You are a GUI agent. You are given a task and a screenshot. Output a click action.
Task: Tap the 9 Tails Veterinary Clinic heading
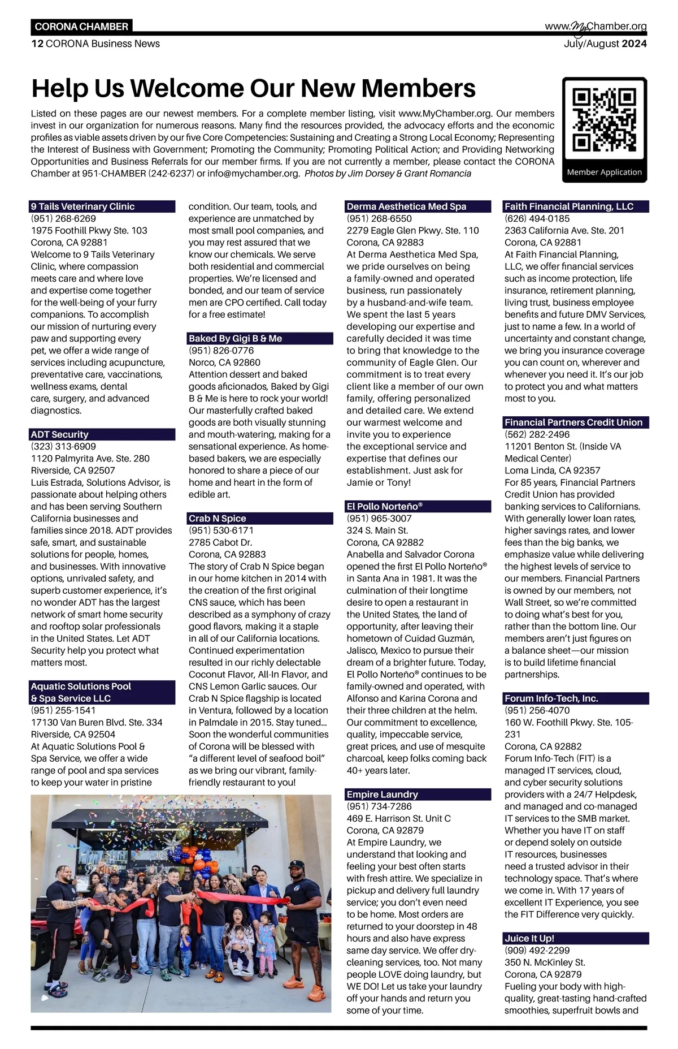(x=83, y=206)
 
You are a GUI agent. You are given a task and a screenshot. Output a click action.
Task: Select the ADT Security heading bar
(x=102, y=434)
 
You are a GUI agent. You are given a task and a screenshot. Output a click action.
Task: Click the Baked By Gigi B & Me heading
(x=236, y=338)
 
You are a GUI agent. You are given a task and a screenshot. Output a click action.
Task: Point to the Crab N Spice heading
(x=218, y=518)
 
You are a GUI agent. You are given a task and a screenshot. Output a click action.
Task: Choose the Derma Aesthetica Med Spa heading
(x=407, y=206)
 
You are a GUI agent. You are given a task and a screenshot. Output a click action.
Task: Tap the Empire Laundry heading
(x=383, y=794)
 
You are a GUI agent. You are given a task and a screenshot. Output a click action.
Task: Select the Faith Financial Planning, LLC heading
(x=569, y=206)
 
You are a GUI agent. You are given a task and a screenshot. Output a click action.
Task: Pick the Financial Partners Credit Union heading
(x=573, y=422)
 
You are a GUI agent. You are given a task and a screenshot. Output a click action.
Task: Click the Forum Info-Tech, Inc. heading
(x=551, y=698)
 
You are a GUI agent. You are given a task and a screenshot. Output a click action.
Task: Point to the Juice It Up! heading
(x=529, y=938)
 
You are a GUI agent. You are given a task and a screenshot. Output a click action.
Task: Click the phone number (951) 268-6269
(x=63, y=218)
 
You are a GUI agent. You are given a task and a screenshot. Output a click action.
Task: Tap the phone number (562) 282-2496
(x=537, y=434)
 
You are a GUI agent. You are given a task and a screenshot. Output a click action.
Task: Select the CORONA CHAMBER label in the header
(x=81, y=27)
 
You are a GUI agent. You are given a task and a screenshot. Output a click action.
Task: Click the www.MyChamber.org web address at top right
(x=596, y=27)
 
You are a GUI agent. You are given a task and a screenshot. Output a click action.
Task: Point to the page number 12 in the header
(x=37, y=44)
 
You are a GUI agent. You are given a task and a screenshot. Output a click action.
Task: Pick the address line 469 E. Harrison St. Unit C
(x=399, y=818)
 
